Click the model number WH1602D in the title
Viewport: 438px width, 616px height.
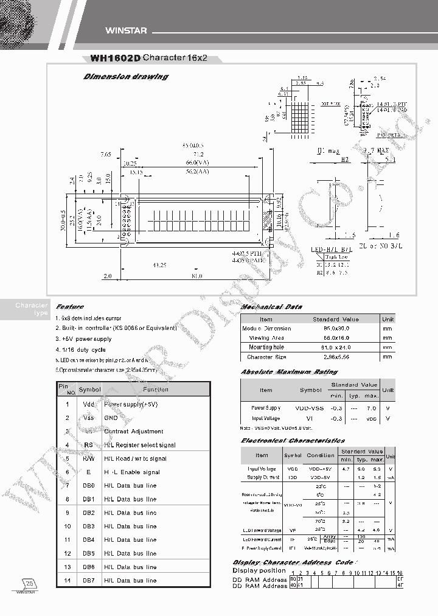coord(115,58)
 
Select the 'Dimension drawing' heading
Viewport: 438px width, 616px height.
coord(125,77)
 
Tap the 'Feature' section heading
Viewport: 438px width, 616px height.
coord(70,307)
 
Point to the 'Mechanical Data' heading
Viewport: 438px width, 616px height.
coord(271,307)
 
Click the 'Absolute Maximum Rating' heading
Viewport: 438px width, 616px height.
coord(289,371)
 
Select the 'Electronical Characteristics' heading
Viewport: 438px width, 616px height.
coord(293,440)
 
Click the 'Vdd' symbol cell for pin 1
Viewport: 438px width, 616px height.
coord(88,404)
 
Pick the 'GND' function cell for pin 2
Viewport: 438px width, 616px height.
coord(111,418)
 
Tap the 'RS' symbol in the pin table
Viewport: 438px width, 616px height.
coord(88,445)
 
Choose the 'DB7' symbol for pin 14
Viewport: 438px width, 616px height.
coord(88,580)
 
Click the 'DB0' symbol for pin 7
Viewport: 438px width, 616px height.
coord(88,485)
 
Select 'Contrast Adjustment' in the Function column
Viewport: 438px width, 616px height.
coord(134,432)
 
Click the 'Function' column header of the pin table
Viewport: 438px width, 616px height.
coord(155,390)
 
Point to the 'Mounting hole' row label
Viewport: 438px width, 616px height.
coord(266,348)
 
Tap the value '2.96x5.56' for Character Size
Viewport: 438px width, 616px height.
coord(335,357)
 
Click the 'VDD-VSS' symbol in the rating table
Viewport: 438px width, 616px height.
coord(310,407)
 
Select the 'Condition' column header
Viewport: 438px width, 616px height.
coord(321,455)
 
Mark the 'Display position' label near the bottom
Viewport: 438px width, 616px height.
coord(259,570)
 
